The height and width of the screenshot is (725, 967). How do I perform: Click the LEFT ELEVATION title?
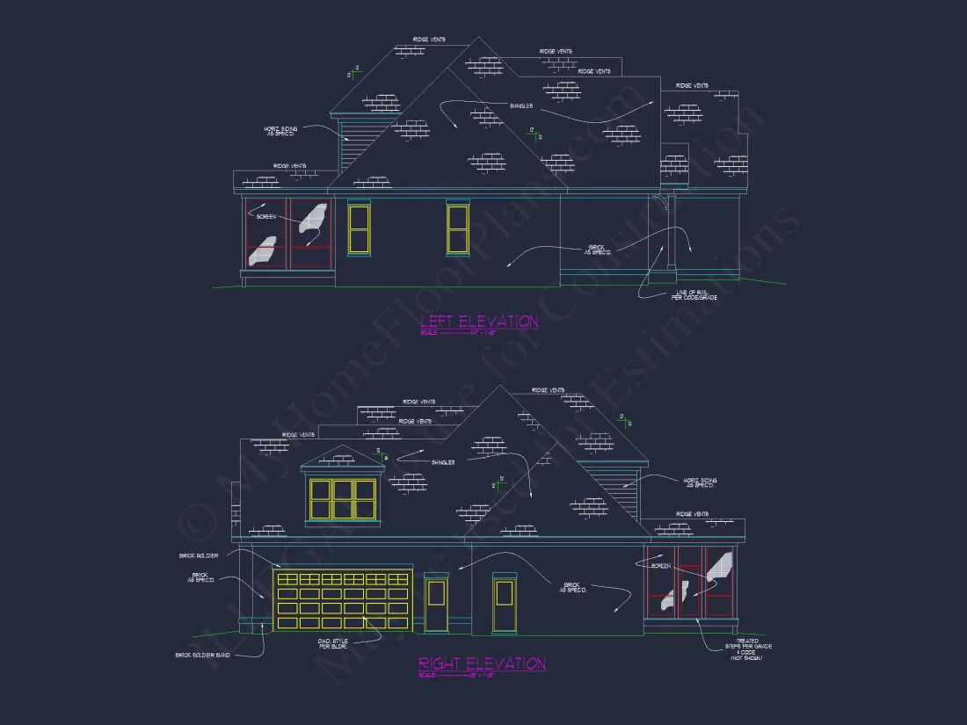coord(479,322)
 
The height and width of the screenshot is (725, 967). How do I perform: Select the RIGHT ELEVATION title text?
coord(482,663)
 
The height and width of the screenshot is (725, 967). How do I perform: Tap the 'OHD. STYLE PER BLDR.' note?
coord(332,644)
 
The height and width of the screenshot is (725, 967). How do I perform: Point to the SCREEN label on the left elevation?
coord(265,216)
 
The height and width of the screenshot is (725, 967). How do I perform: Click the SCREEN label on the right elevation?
coord(660,567)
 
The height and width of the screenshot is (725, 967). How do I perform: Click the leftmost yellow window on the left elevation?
coord(359,228)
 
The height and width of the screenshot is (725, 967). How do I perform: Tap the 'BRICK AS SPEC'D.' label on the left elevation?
coord(597,250)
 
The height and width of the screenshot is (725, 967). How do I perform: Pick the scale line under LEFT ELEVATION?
coord(458,333)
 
